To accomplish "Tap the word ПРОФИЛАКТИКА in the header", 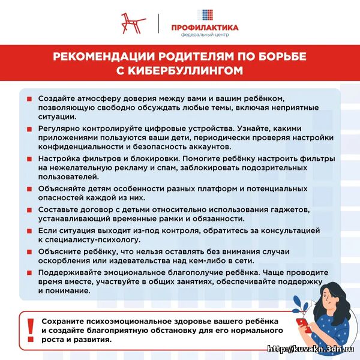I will click(x=205, y=28).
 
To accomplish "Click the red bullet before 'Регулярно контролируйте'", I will click(x=29, y=129).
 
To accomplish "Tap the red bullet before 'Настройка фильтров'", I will click(x=29, y=159).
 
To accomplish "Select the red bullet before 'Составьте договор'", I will click(x=29, y=210).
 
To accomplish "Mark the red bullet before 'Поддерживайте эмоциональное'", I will click(x=29, y=272).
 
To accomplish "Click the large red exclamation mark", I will click(x=31, y=328).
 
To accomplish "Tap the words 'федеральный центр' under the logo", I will click(x=205, y=35).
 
